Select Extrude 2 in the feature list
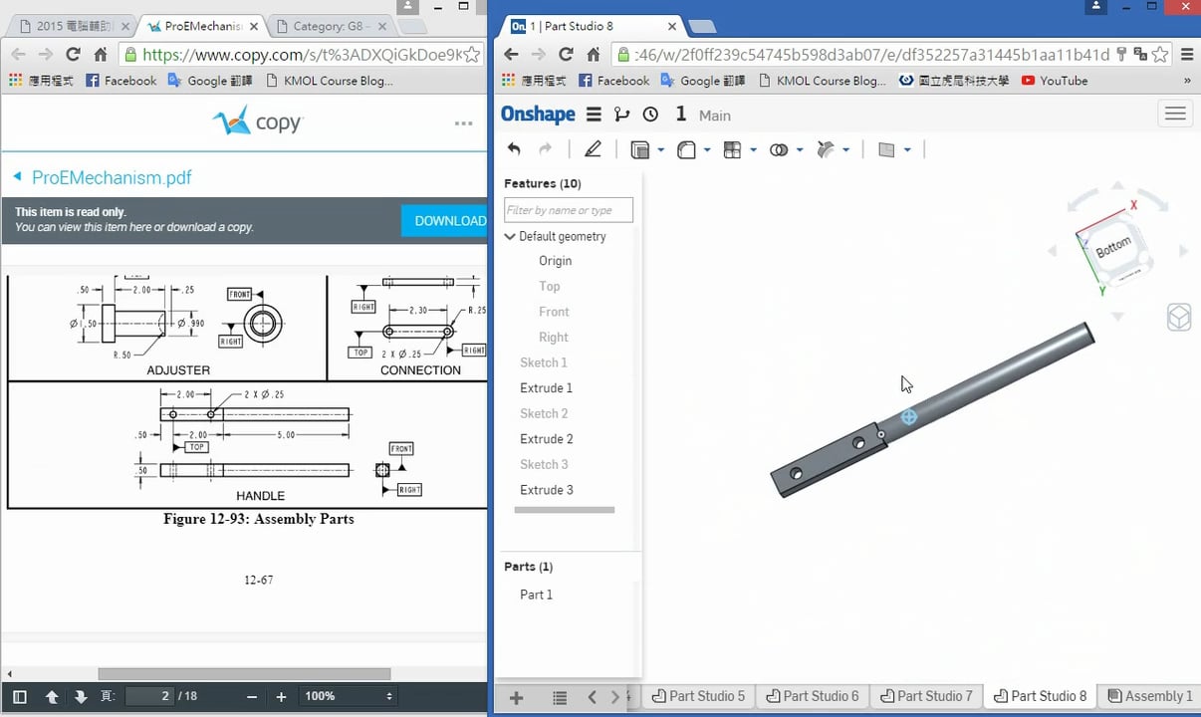pos(546,439)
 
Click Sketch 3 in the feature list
pos(544,464)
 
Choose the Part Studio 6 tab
pos(813,696)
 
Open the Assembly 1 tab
pos(1150,696)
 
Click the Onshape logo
pos(538,115)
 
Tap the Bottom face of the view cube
pos(1113,247)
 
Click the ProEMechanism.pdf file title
pos(112,178)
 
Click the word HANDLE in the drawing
pos(260,496)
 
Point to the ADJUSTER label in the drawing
pos(178,370)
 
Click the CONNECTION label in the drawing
pos(420,370)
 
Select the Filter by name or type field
pos(568,210)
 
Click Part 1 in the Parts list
pos(536,595)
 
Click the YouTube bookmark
pos(1063,81)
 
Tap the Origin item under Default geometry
pos(555,261)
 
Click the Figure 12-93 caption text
pos(258,519)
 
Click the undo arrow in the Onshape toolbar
pos(514,149)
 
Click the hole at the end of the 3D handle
pos(797,475)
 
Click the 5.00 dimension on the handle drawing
pos(286,435)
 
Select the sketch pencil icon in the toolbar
pos(593,149)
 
